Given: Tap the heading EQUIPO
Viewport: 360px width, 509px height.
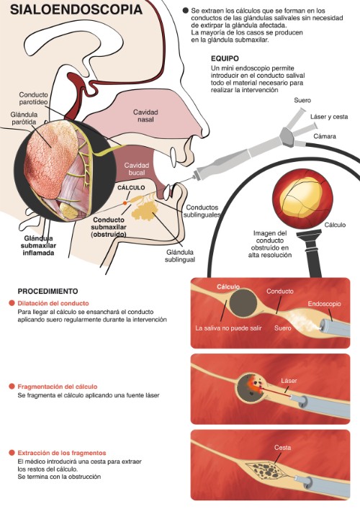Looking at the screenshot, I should pos(225,58).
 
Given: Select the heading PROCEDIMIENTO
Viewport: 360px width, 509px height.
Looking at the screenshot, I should pos(48,291).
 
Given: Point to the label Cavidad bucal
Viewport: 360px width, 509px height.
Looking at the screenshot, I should pos(136,170).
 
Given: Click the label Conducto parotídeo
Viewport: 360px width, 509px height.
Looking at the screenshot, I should pos(34,99).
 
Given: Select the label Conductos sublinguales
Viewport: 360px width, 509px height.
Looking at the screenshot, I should pos(201,211).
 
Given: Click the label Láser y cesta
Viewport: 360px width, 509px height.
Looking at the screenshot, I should pos(326,117).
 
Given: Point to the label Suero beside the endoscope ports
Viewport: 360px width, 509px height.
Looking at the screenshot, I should pos(302,100).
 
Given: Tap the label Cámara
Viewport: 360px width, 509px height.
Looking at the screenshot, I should pos(325,135).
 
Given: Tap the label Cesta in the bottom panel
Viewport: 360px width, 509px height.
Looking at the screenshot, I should pos(282,448).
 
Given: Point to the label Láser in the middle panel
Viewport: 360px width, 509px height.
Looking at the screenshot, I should pos(289,380).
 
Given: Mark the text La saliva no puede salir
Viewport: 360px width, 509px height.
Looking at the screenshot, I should pos(226,328).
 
